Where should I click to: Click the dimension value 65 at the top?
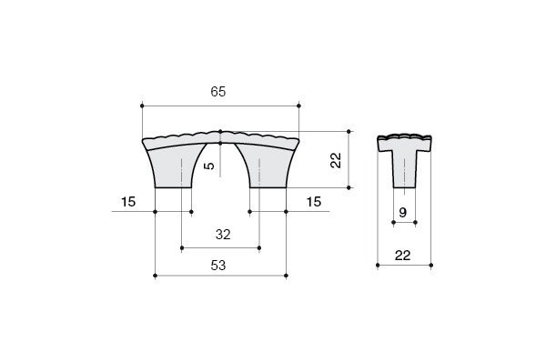coord(218,92)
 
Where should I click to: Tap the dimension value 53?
coord(218,266)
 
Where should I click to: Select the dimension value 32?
coord(223,235)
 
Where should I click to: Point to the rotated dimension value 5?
coord(209,166)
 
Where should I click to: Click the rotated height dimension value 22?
coord(336,160)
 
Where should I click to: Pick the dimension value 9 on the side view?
coord(403,212)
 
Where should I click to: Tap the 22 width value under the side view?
coord(403,256)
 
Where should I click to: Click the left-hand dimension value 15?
coord(128,202)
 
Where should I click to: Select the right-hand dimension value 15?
coord(314,202)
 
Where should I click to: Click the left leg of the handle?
coord(171,169)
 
